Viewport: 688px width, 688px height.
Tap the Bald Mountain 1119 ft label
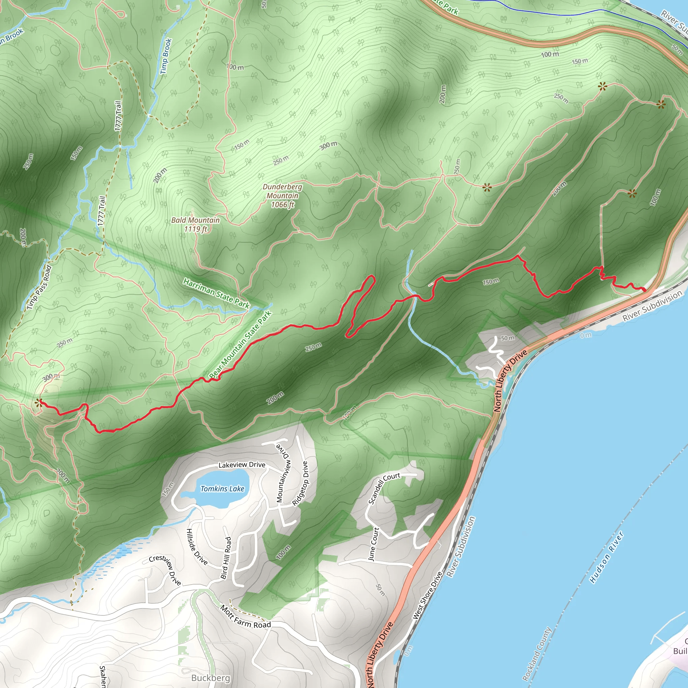[x=196, y=224]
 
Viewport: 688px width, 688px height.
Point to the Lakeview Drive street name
[x=242, y=465]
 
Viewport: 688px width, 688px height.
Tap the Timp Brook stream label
[x=166, y=56]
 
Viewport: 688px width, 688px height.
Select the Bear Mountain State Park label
[x=241, y=345]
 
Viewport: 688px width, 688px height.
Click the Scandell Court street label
[x=384, y=488]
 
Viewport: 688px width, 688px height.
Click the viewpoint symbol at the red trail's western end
[x=38, y=403]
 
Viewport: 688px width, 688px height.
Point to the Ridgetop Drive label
[x=300, y=483]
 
